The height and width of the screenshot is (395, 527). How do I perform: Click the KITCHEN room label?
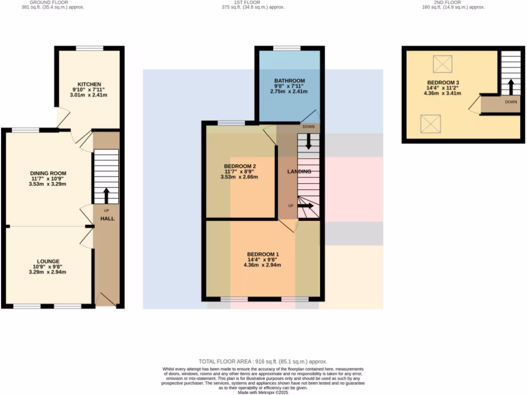coord(89,84)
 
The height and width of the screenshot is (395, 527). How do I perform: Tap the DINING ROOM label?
coord(48,173)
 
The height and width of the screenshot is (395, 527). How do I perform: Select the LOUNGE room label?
coord(48,261)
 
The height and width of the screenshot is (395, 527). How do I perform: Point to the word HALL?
coord(107,219)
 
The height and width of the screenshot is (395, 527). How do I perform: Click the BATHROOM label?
coord(289,81)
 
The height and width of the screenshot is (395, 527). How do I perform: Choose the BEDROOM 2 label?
coord(240,166)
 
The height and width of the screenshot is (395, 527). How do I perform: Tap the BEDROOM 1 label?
coord(263,255)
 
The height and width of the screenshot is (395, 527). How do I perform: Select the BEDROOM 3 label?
coord(443,83)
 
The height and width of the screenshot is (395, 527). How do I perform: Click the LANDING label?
coord(299,171)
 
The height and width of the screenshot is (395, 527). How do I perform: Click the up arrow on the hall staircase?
coord(107,195)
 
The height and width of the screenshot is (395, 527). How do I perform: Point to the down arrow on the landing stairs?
coord(309,141)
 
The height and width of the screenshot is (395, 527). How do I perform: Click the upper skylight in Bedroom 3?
coord(441,64)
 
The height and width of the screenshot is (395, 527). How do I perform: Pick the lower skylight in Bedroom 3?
coord(430,124)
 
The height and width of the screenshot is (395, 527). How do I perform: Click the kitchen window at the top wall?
coord(90,48)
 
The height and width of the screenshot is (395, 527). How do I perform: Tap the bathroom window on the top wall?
coord(287,48)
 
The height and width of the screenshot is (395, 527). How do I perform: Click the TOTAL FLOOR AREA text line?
coord(263,362)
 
